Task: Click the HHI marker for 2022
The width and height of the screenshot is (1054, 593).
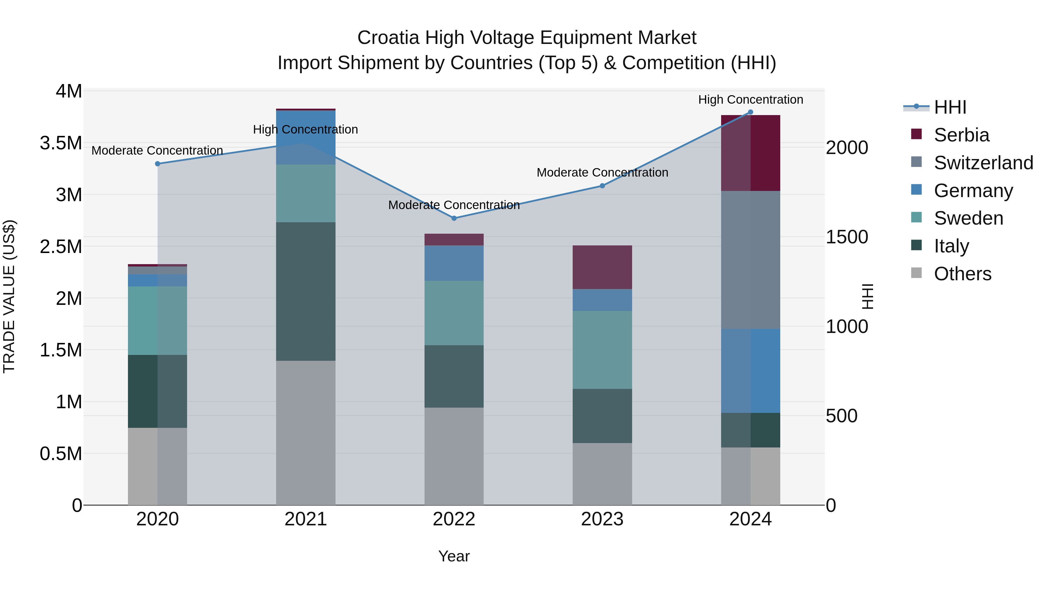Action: (x=454, y=218)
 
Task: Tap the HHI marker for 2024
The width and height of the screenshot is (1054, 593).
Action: (x=750, y=112)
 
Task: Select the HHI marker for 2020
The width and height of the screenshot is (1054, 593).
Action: (x=158, y=164)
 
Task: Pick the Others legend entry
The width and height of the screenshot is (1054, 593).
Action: (x=962, y=274)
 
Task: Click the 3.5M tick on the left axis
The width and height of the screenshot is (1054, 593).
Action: (x=61, y=143)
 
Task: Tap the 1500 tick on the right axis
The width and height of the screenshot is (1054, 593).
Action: (x=846, y=237)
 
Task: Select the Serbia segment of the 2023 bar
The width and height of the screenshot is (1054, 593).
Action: (x=602, y=267)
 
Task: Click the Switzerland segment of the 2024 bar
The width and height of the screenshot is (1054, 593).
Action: (x=750, y=260)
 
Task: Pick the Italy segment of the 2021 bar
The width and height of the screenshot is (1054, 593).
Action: (x=306, y=291)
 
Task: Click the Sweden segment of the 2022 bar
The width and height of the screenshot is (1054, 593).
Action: (x=454, y=313)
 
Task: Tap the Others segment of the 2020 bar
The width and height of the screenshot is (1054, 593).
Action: (x=158, y=466)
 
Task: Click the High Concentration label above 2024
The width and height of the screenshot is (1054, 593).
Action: (x=750, y=100)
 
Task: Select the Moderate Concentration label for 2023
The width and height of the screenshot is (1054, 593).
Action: (x=602, y=173)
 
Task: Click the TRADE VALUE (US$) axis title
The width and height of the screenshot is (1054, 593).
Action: (x=9, y=296)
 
